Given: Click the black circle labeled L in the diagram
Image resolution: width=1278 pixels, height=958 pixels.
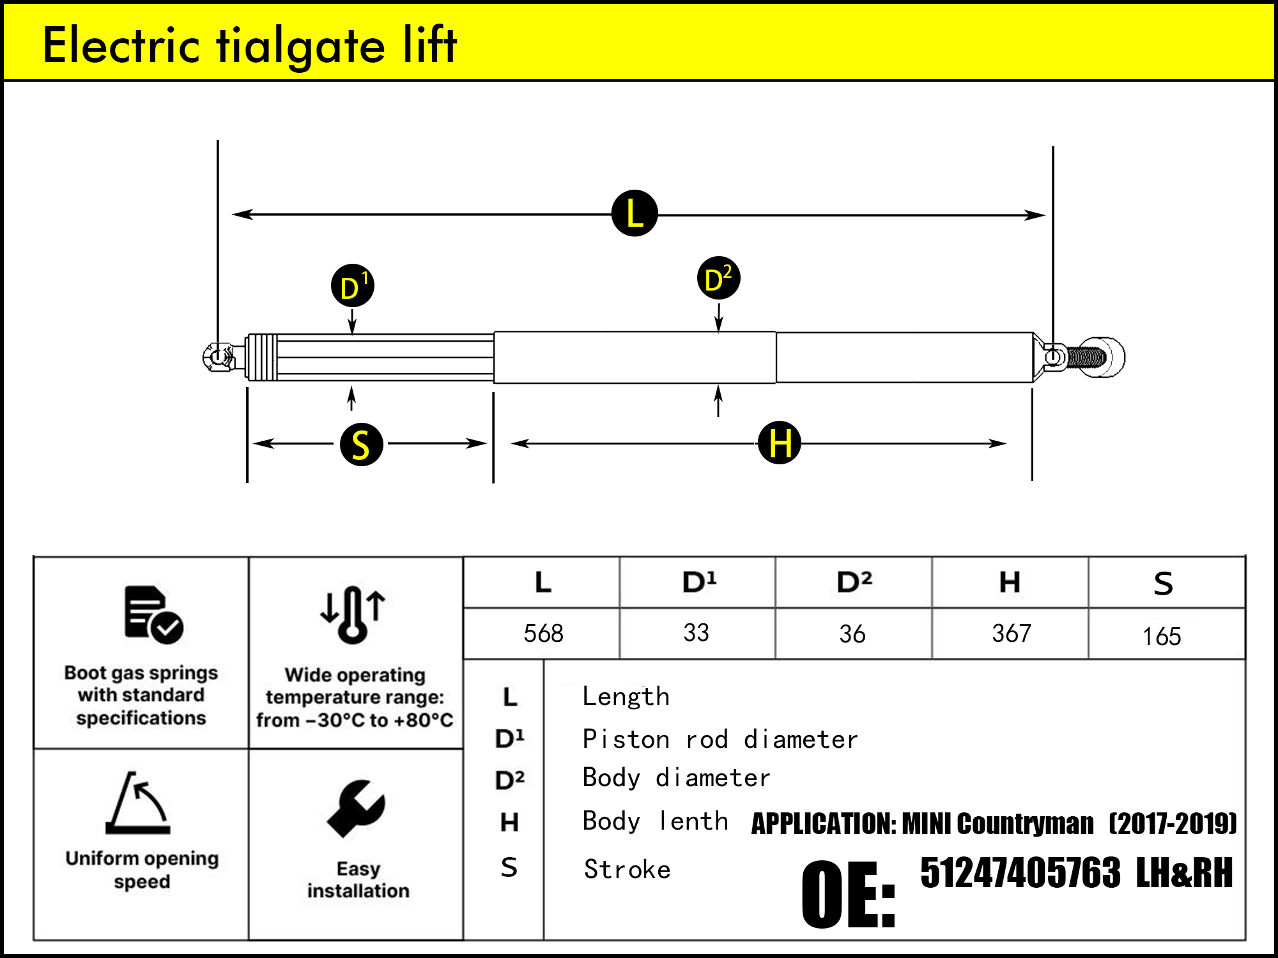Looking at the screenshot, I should point(635,213).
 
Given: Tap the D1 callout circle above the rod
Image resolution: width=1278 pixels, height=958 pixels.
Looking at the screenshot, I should point(352,285).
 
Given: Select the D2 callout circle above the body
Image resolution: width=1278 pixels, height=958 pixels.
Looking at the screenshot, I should point(718,278).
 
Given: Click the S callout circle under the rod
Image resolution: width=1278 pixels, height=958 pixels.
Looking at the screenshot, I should point(361,444).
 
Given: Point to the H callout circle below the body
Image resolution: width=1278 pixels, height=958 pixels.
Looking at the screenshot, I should point(779,443).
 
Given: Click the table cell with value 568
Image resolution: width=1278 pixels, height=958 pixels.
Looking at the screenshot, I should point(543,634).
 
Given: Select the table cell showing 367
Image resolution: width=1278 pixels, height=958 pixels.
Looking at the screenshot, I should point(1011,634).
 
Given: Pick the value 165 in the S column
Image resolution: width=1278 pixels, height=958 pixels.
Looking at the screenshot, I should point(1161,636).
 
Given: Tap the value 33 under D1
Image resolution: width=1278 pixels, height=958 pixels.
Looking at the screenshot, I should point(696,633).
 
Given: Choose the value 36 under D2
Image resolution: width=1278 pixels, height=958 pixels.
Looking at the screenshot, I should point(852,634).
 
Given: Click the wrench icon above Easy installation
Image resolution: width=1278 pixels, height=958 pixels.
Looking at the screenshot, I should point(356,808).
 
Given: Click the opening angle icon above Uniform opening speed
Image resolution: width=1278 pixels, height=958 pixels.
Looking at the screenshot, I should point(139,803).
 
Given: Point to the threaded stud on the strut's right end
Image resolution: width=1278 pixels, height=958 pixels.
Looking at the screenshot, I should point(1086,357).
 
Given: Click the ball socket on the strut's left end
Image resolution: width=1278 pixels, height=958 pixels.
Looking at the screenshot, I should point(219,357).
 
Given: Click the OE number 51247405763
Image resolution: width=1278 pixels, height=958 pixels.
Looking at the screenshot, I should point(1020,873).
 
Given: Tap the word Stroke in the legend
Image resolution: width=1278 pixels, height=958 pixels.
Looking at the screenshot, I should point(627,869).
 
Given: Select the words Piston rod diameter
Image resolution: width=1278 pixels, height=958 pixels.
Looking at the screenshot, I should point(720,740).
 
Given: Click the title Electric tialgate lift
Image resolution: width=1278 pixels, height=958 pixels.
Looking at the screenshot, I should point(249,45).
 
